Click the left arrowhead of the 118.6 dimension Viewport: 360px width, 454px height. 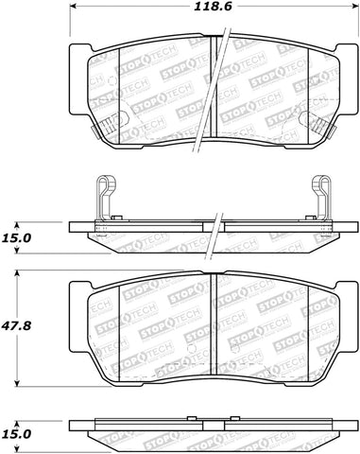coord(74,9)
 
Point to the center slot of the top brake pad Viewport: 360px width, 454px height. coord(217,90)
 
